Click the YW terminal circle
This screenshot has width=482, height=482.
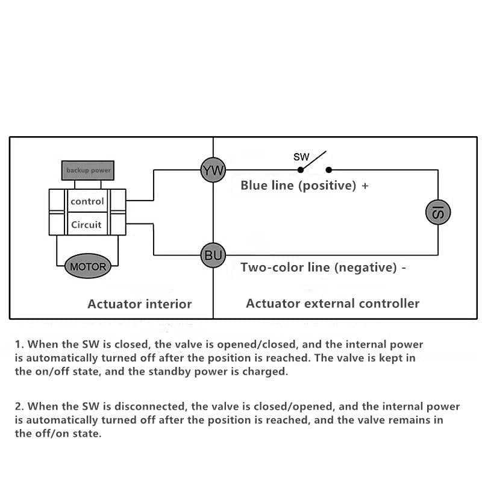click(x=213, y=171)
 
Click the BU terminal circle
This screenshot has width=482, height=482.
click(x=213, y=255)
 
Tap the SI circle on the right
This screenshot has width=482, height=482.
click(x=438, y=212)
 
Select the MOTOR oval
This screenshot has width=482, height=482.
click(x=88, y=266)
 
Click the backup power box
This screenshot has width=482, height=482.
click(x=88, y=171)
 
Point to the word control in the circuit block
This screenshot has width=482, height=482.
click(x=87, y=201)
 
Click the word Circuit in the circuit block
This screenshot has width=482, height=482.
click(x=87, y=225)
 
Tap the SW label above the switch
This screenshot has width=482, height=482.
click(x=301, y=157)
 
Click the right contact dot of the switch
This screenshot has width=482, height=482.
click(x=329, y=170)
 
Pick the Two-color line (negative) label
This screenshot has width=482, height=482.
click(x=318, y=267)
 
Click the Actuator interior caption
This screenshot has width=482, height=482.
click(x=139, y=304)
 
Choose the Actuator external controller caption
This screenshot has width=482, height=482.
click(x=333, y=303)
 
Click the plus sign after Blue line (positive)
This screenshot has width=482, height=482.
click(x=365, y=186)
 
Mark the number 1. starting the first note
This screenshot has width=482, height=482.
click(x=19, y=345)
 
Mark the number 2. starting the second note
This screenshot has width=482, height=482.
click(x=19, y=407)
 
